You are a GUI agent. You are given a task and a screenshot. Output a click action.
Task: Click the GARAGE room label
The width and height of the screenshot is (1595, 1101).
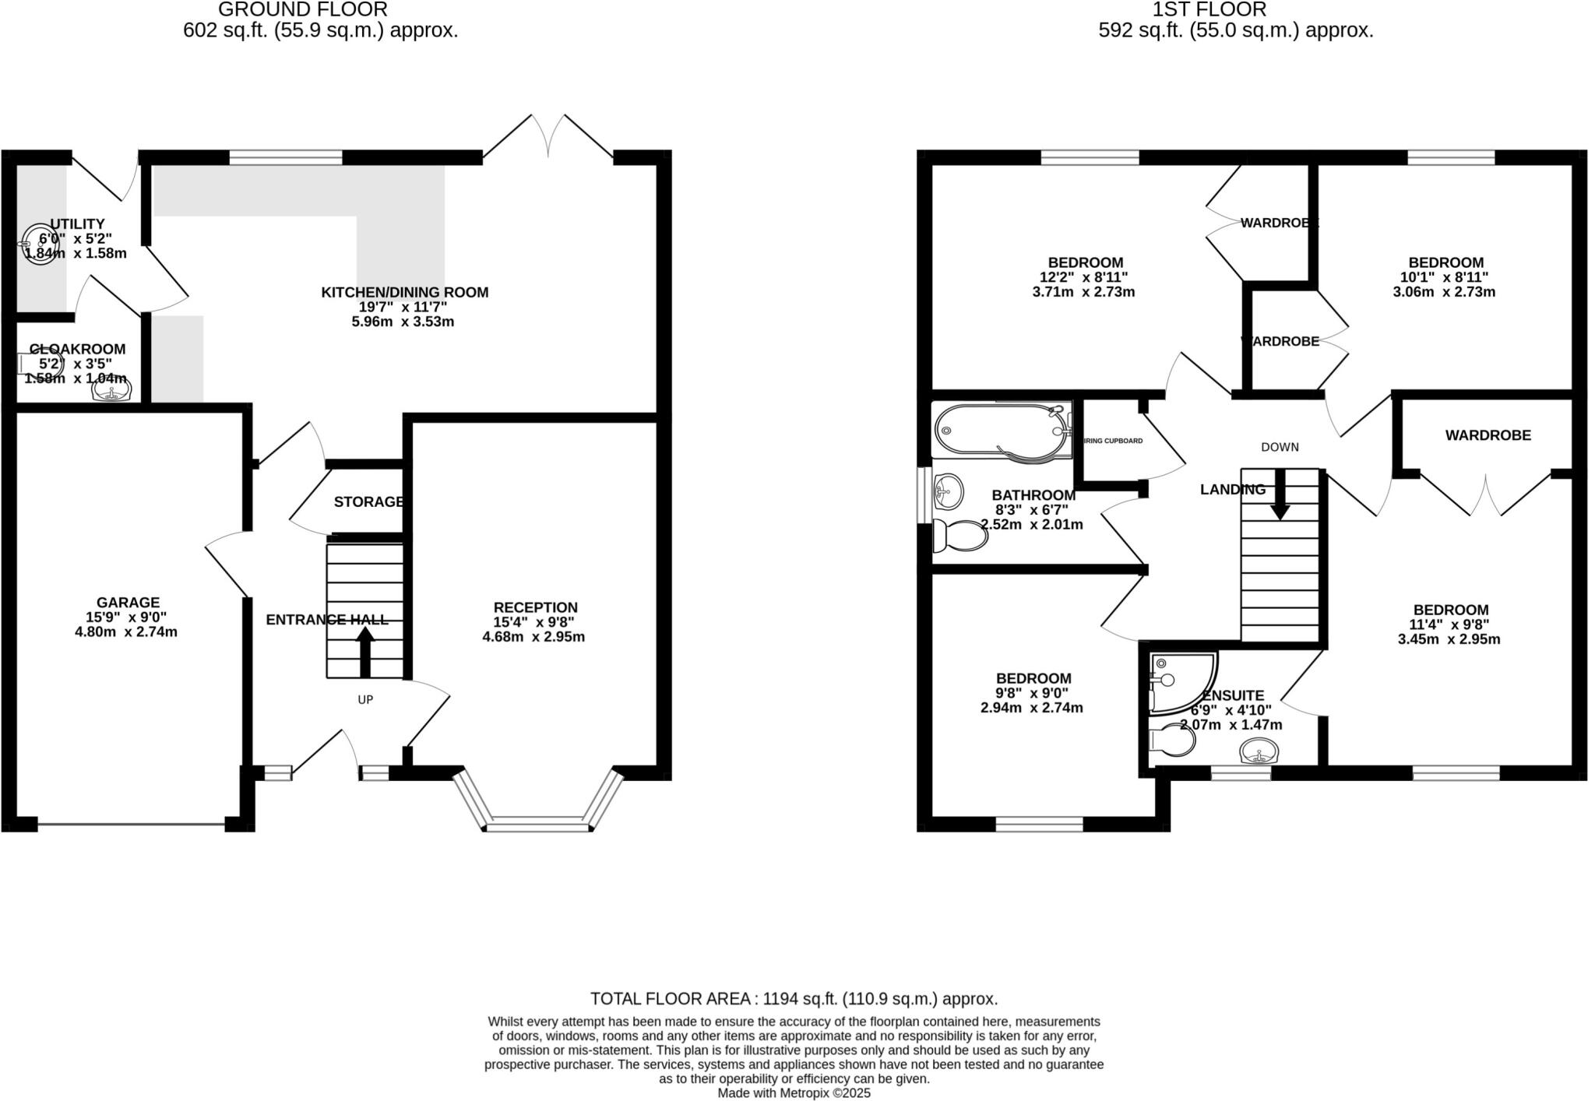point(128,602)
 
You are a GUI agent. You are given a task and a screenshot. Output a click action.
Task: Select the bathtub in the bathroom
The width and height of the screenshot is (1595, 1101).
point(1001,430)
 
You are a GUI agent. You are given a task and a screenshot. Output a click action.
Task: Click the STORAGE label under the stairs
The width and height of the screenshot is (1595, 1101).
point(368,502)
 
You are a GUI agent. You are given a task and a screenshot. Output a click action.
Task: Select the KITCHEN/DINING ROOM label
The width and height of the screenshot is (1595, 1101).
point(405,293)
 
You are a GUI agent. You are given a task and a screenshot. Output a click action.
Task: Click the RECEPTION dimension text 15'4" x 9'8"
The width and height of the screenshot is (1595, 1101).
point(533,622)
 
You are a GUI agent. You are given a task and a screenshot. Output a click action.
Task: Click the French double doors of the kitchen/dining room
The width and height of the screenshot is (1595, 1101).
point(549,140)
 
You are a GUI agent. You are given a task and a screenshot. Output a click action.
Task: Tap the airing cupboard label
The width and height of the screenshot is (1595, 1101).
point(1114,441)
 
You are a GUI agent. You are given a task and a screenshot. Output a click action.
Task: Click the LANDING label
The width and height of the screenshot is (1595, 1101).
point(1232,490)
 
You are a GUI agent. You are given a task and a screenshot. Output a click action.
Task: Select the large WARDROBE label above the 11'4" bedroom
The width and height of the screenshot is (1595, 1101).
point(1488,435)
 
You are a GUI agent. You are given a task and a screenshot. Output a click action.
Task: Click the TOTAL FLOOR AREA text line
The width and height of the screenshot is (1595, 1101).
point(794,999)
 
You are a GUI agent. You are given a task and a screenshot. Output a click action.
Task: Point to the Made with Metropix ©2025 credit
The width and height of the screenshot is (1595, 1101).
point(794,1093)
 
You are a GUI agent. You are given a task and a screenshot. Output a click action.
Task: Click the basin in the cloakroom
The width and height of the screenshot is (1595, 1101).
point(112,389)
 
